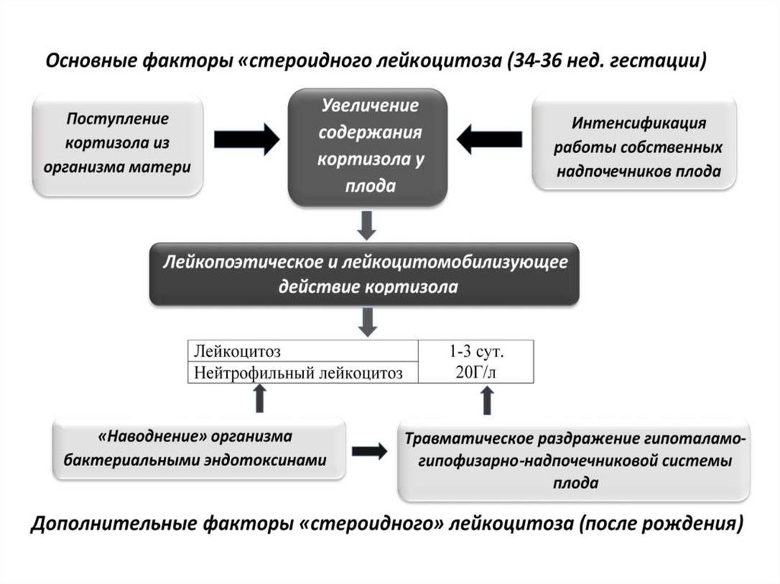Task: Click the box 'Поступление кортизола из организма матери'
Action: [x=117, y=145]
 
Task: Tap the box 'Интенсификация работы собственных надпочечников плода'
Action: [x=634, y=145]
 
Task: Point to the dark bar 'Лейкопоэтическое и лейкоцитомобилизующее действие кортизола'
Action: [x=365, y=274]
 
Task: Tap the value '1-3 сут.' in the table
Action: [x=477, y=352]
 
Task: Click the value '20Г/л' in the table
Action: [x=477, y=372]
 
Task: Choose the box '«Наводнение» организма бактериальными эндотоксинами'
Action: [x=196, y=449]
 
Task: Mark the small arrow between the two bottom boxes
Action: [x=369, y=451]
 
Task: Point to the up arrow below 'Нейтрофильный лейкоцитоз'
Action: [x=260, y=398]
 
